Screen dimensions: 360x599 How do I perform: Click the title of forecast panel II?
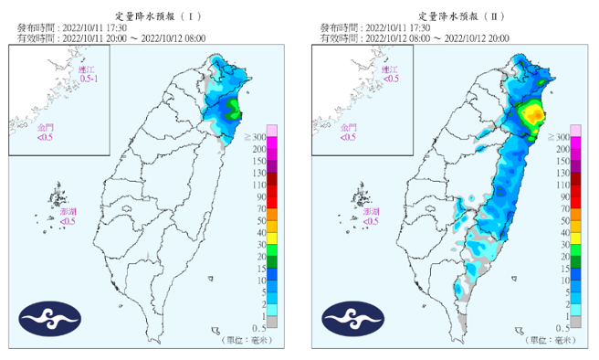[x=457, y=16]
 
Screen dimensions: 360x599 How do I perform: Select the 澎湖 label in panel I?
[x=68, y=211]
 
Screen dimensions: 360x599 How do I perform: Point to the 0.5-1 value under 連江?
[x=89, y=79]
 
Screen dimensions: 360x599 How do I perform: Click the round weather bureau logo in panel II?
[x=352, y=317]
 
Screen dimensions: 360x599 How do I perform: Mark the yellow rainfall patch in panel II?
[x=531, y=115]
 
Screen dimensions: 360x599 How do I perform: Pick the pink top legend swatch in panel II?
[x=576, y=129]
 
